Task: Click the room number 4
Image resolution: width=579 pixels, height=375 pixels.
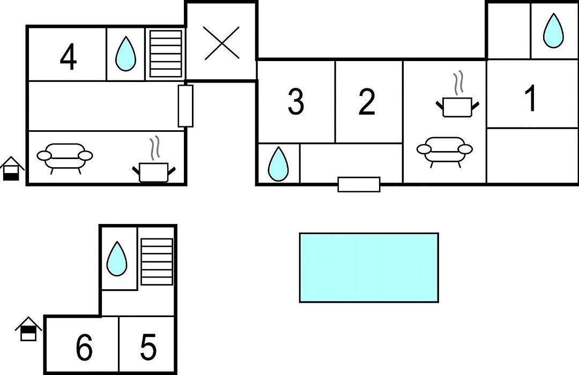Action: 68,57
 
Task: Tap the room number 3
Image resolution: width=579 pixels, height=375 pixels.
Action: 296,101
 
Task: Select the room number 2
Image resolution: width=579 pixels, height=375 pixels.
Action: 367,101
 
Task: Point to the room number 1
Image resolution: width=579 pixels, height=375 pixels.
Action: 531,98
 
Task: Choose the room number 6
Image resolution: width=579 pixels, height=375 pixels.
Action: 84,347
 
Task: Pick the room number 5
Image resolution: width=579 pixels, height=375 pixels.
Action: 149,347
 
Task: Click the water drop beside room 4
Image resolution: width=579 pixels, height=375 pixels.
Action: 125,54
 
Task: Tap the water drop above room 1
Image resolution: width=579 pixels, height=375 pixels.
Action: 553,31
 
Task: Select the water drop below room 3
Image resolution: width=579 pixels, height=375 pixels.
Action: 278,164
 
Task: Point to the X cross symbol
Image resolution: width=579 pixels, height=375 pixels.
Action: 221,43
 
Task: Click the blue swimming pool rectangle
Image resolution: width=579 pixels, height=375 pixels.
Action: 369,268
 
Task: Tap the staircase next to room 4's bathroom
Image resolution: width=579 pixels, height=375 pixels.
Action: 166,54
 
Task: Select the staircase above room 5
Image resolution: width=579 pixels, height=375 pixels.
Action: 157,261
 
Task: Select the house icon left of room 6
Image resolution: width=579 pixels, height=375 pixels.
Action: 28,329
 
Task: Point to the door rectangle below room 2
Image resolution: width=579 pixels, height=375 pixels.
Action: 359,184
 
